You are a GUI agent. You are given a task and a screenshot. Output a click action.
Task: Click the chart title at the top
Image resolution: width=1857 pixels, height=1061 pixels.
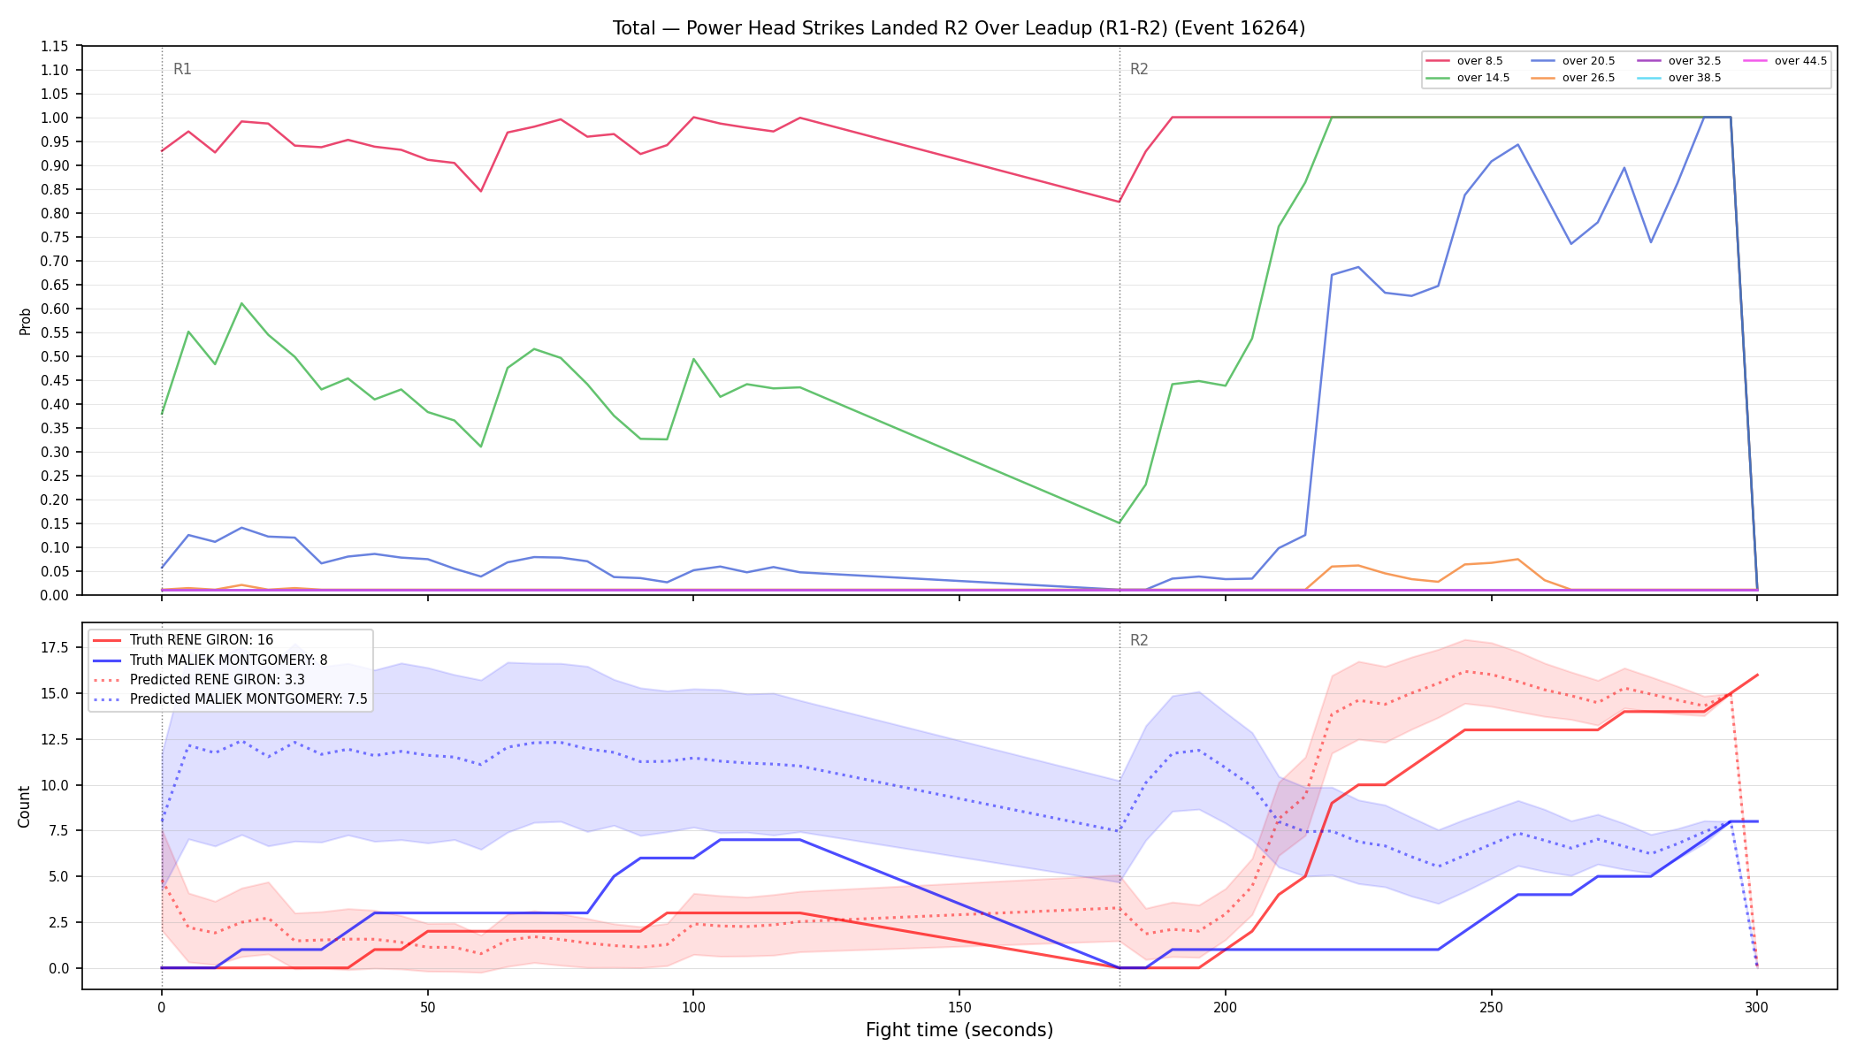[x=959, y=28]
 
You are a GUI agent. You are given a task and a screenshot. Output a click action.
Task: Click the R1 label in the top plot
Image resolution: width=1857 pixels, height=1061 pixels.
[x=182, y=69]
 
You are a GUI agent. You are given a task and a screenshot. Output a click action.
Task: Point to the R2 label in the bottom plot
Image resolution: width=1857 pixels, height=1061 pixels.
[x=1139, y=640]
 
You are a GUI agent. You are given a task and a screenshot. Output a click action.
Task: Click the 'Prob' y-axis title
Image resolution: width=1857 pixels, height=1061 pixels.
[x=25, y=321]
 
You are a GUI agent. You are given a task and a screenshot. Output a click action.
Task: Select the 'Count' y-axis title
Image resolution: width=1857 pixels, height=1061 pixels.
[x=24, y=806]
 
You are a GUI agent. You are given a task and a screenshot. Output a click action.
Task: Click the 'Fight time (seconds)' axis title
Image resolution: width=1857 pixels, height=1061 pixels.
[x=959, y=1030]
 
